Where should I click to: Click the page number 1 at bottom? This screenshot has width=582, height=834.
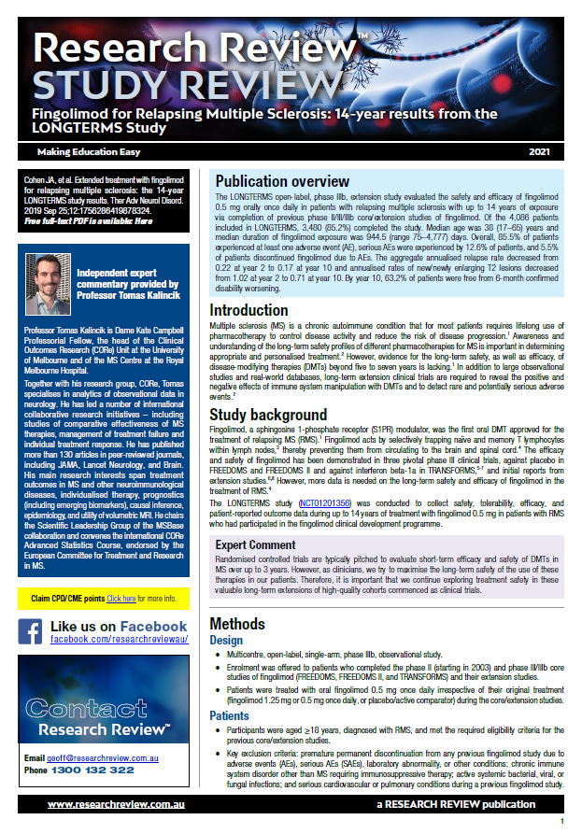[562, 820]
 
